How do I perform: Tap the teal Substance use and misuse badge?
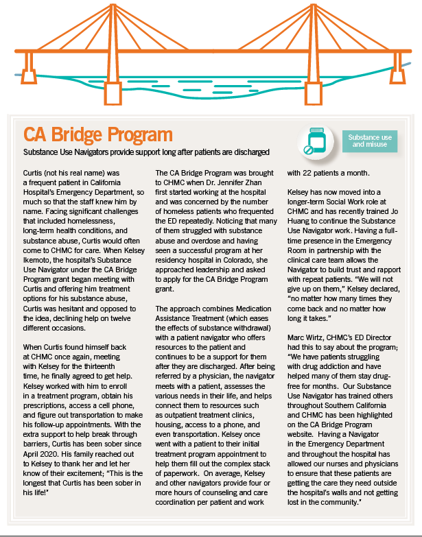pyautogui.click(x=368, y=141)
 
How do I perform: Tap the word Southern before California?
pyautogui.click(x=340, y=413)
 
